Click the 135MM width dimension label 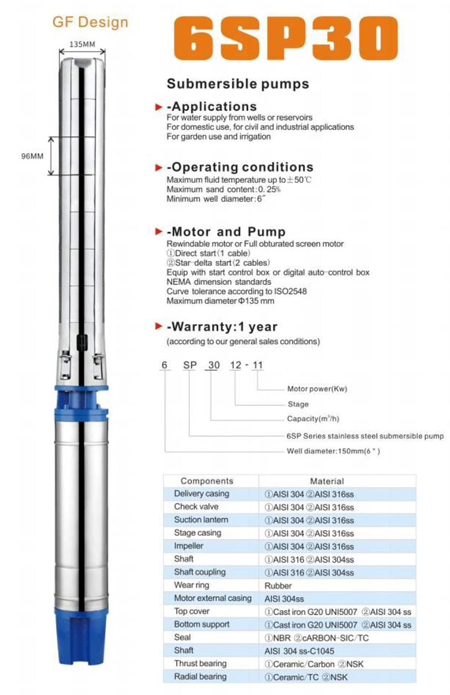[x=82, y=44]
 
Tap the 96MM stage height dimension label [x=32, y=156]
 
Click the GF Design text [x=90, y=23]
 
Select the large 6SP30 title [x=286, y=38]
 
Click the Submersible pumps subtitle [x=238, y=84]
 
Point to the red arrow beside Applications [x=159, y=107]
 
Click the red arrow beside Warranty [x=159, y=326]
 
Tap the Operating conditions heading [x=240, y=167]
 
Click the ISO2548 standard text [x=290, y=292]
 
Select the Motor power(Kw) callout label [x=317, y=389]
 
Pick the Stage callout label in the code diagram [x=298, y=404]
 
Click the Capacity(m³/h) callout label [x=313, y=419]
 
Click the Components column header [x=207, y=481]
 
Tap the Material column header [x=327, y=481]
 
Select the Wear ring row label [x=192, y=585]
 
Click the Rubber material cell [x=278, y=586]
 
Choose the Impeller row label [x=188, y=546]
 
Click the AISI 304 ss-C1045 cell [x=299, y=651]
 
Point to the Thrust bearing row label [x=200, y=663]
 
